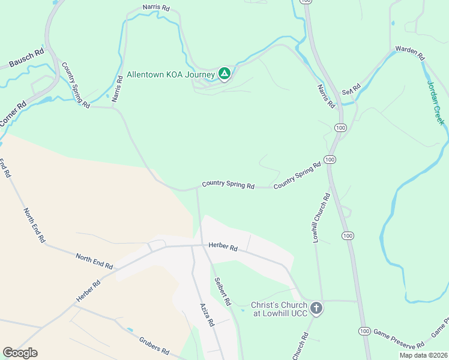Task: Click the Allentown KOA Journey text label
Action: pos(170,75)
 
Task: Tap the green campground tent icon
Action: pos(224,74)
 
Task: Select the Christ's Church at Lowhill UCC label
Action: pos(279,309)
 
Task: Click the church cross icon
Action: pos(316,308)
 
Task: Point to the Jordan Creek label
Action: pos(436,103)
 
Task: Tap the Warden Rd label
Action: pos(410,52)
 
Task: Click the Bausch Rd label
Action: pos(26,58)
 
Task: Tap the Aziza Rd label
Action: pos(207,314)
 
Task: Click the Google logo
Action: pos(20,353)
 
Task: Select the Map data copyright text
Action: pos(423,355)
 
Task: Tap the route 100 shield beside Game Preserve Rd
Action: pos(364,331)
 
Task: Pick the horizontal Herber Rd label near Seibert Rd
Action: pos(223,247)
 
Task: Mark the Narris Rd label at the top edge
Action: pos(157,9)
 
